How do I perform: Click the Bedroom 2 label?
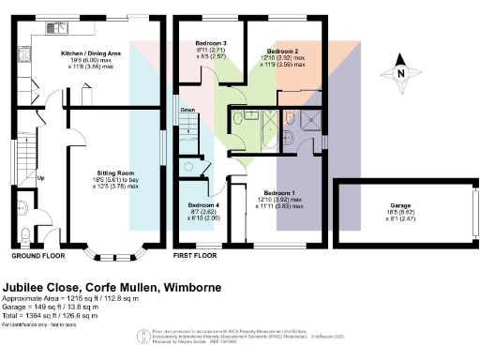click(282, 51)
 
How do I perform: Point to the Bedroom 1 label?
click(278, 190)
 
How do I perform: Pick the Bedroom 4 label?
click(203, 204)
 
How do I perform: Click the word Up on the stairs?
click(41, 178)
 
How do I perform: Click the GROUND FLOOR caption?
click(37, 255)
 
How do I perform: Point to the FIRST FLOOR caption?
click(195, 255)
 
